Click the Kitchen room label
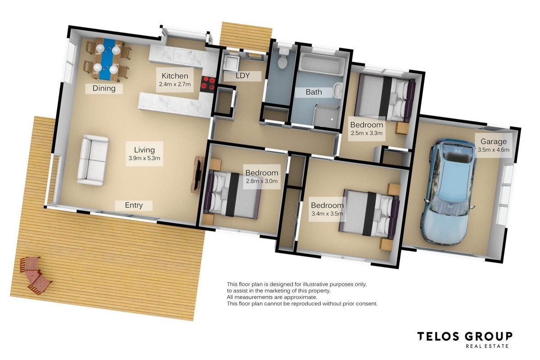pyautogui.click(x=175, y=80)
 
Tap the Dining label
pyautogui.click(x=104, y=89)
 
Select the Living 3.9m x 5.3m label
pyautogui.click(x=144, y=154)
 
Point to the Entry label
pyautogui.click(x=134, y=206)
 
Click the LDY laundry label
pyautogui.click(x=243, y=76)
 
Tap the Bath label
pyautogui.click(x=314, y=92)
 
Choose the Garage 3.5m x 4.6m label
pyautogui.click(x=494, y=145)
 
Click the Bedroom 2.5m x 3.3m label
pyautogui.click(x=366, y=129)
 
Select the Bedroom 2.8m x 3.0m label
pyautogui.click(x=262, y=176)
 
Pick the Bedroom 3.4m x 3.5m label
pyautogui.click(x=328, y=209)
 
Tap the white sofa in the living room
pyautogui.click(x=93, y=160)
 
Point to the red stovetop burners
pyautogui.click(x=208, y=84)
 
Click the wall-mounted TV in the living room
pyautogui.click(x=198, y=174)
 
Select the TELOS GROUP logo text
pyautogui.click(x=465, y=337)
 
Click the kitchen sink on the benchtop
pyautogui.click(x=184, y=56)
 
